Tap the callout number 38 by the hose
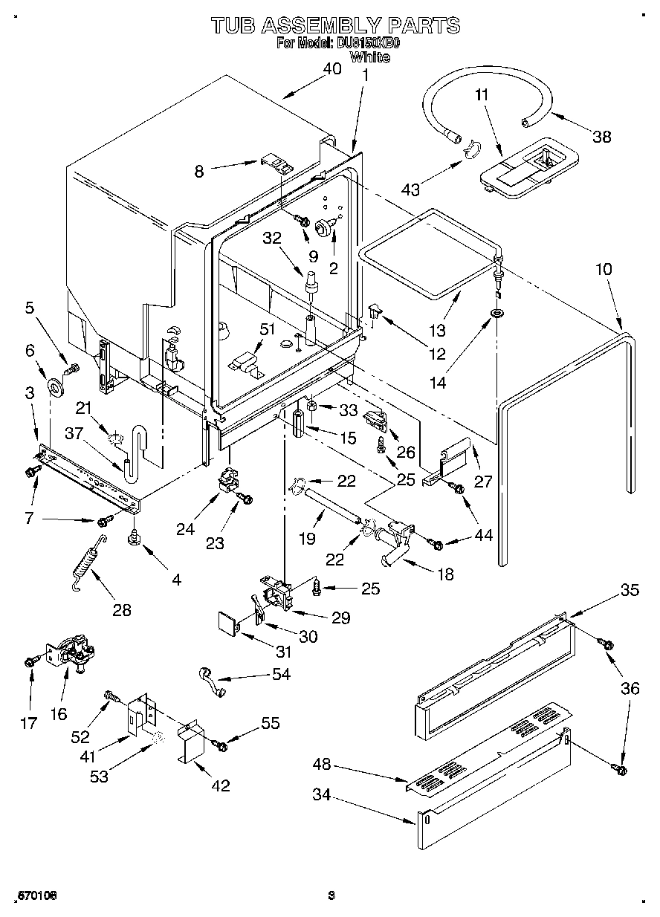pos(602,135)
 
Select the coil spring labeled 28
pos(87,565)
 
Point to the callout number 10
pos(604,268)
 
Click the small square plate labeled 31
pos(227,620)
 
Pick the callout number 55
pos(271,722)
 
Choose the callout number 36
pos(630,689)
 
